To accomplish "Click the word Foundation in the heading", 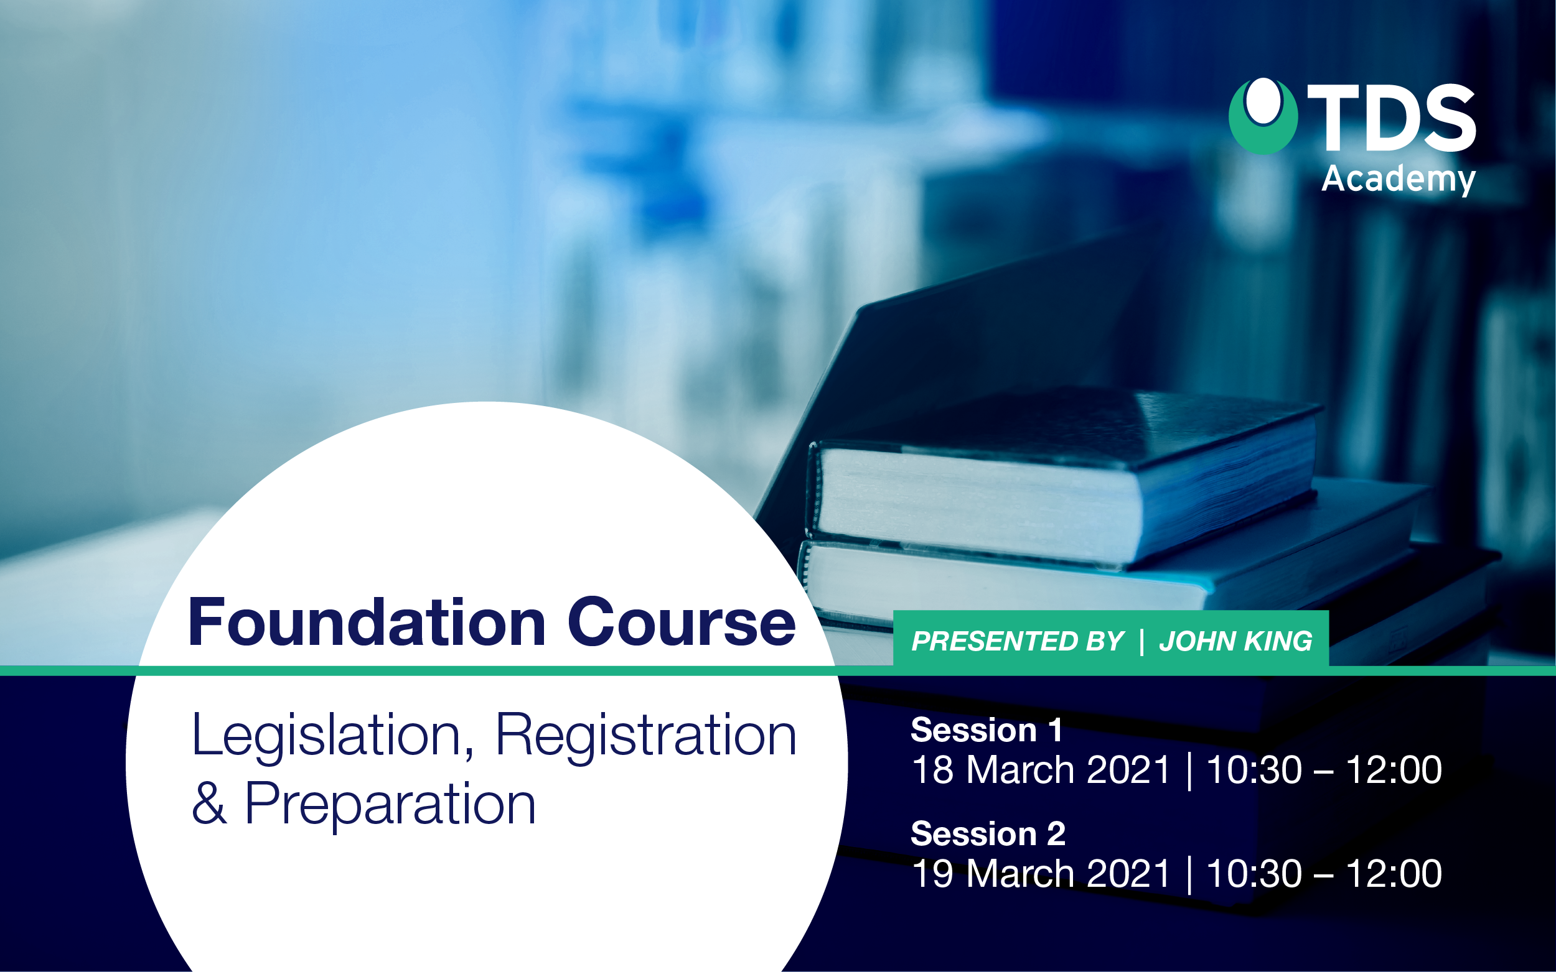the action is click(367, 622).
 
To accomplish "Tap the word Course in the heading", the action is click(682, 622).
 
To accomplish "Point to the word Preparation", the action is click(390, 805).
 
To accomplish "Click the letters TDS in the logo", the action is click(1390, 118).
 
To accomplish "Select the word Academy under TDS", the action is click(1399, 179).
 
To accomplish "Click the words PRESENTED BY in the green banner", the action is click(1018, 641).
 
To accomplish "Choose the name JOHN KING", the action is click(1235, 641).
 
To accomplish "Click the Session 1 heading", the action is click(986, 730).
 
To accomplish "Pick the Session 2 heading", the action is click(988, 834).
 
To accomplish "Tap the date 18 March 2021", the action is click(1041, 769).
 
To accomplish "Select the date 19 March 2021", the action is click(1041, 873).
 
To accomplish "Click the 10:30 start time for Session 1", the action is click(1254, 769).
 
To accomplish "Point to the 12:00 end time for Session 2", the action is click(1394, 873).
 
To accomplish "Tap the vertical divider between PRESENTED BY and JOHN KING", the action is click(1141, 642).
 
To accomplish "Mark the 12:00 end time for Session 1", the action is click(1394, 769).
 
